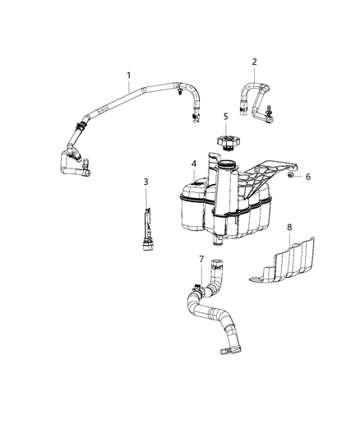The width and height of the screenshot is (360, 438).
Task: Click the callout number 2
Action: [254, 62]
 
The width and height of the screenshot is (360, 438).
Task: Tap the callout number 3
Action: [145, 182]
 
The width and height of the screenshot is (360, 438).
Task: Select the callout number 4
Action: [194, 164]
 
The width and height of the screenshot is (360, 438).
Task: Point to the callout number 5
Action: [224, 117]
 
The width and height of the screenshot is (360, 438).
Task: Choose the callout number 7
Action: [201, 260]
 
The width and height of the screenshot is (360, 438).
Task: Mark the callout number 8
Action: [288, 226]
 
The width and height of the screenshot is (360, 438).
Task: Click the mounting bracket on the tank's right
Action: [263, 178]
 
